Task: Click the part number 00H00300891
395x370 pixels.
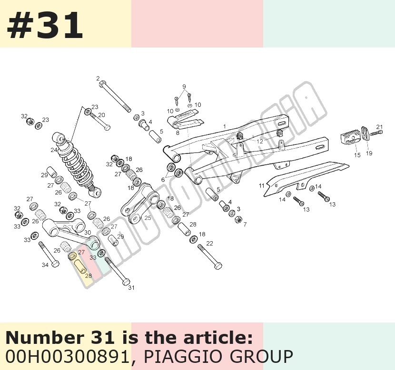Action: coord(67,356)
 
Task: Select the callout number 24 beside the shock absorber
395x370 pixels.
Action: coord(54,150)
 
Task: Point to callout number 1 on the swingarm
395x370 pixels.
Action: coord(225,126)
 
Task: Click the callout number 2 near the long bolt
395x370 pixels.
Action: coord(98,79)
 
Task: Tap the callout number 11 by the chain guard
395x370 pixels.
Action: coord(261,186)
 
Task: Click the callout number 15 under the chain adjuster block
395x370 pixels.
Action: coord(357,155)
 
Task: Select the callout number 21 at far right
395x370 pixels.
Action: coord(379,127)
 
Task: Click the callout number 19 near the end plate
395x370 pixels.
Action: coord(369,153)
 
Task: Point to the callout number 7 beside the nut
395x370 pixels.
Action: coord(245,224)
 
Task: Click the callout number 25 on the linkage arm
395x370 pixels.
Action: coord(148,218)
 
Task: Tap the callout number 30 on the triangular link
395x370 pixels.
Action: coord(88,233)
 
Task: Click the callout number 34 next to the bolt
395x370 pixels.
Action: coord(45,265)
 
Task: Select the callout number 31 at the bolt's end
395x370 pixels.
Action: coord(131,287)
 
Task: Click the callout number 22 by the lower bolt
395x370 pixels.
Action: coord(209,243)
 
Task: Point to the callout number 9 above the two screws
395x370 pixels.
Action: coord(184,86)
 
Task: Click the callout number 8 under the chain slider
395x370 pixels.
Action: coord(178,133)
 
